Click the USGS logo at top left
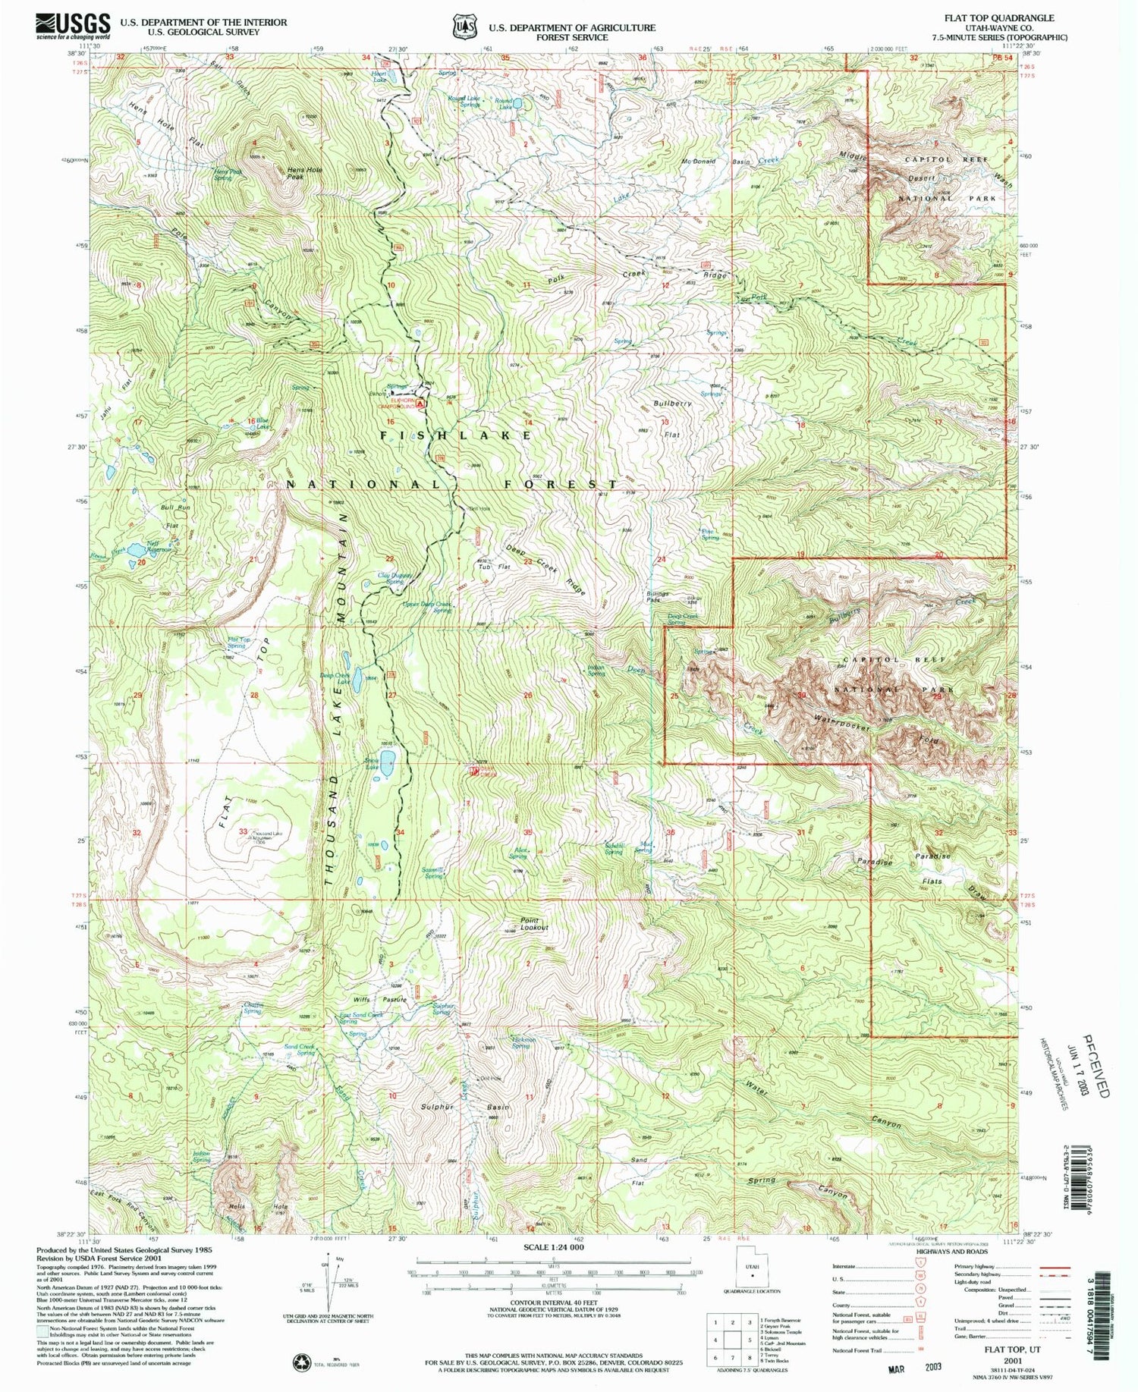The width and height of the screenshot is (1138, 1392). [x=72, y=26]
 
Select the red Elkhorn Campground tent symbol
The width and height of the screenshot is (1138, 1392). [x=420, y=404]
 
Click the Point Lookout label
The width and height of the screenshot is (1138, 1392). [x=533, y=924]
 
